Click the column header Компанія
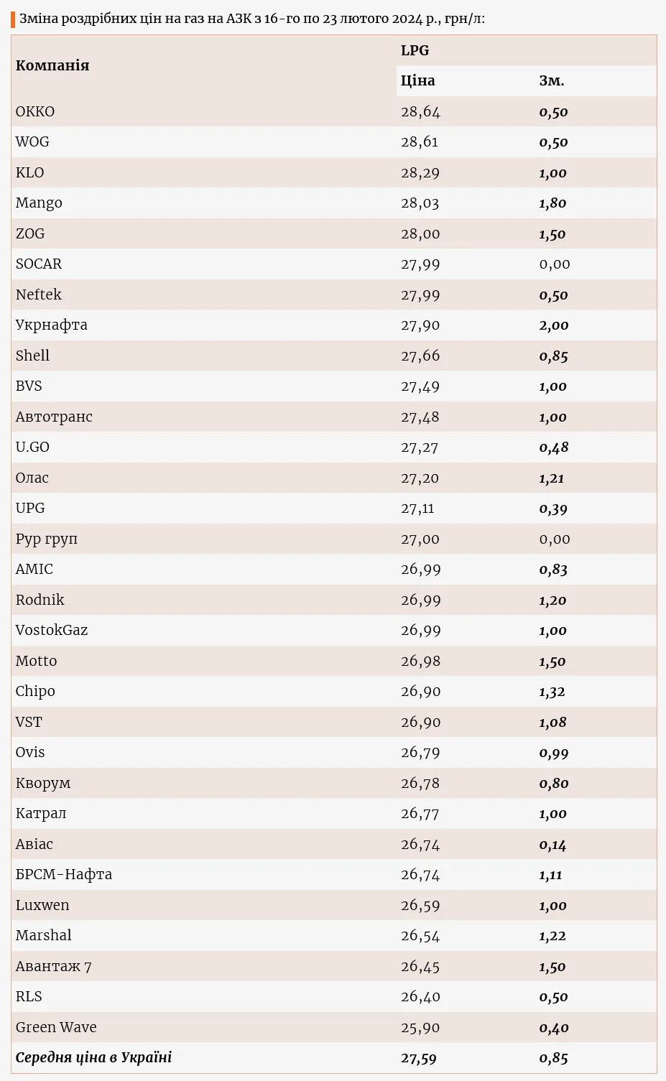(x=52, y=65)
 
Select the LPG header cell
(x=415, y=50)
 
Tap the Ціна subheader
(x=417, y=80)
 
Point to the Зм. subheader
(x=551, y=80)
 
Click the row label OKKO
(x=35, y=111)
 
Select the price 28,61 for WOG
(x=420, y=141)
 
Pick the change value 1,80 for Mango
(x=552, y=203)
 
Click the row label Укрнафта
(x=52, y=325)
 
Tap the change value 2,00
(x=553, y=325)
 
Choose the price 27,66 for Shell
(x=420, y=356)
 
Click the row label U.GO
(x=32, y=447)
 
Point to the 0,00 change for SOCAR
(x=555, y=264)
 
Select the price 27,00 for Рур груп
(x=420, y=539)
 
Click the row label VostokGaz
(x=52, y=630)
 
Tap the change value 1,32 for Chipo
(x=552, y=692)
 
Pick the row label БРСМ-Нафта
(x=64, y=874)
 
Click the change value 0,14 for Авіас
(x=552, y=845)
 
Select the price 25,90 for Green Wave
(x=420, y=1027)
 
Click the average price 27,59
(x=419, y=1058)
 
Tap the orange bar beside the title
(x=13, y=19)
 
